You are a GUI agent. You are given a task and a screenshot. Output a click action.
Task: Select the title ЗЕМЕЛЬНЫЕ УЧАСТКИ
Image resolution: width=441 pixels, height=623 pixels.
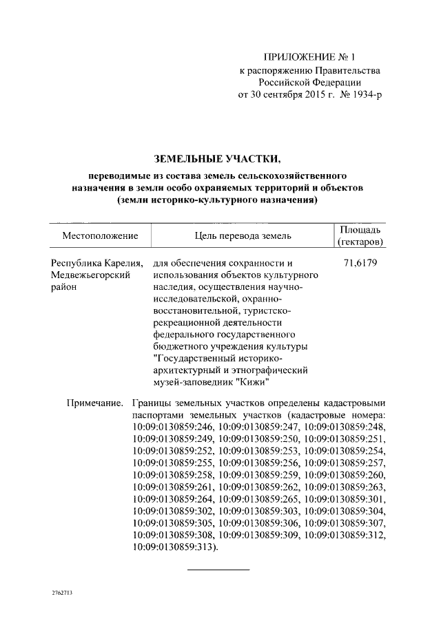[x=219, y=161]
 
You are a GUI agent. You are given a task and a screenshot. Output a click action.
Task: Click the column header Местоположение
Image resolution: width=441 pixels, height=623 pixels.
[x=100, y=236]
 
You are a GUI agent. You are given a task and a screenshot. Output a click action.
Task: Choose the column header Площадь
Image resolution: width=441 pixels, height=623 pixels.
[x=361, y=229]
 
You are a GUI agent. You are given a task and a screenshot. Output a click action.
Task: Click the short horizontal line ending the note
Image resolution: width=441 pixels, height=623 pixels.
[x=218, y=569]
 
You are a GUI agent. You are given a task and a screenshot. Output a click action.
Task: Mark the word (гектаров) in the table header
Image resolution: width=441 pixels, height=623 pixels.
[x=361, y=243]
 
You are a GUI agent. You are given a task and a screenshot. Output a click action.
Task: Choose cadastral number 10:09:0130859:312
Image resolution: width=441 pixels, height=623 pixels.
[x=345, y=536]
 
